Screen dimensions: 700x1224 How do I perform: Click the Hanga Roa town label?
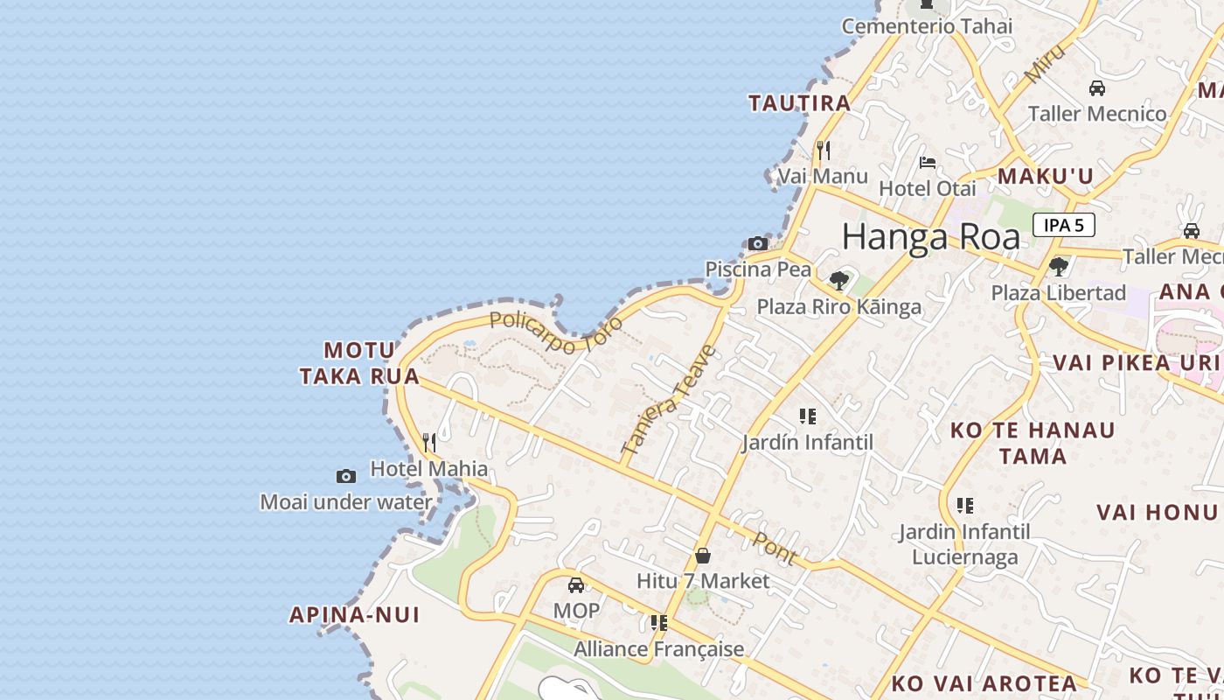[931, 237]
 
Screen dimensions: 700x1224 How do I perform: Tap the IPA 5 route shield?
[1063, 225]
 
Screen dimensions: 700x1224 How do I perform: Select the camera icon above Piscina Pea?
[758, 244]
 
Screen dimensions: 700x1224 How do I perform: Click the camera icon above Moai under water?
[346, 477]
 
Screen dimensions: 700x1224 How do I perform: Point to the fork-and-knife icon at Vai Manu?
[823, 150]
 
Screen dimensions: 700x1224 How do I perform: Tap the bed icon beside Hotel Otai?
[928, 163]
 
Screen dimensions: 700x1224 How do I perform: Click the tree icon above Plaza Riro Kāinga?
[839, 281]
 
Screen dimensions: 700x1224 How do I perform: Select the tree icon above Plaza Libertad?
[1059, 266]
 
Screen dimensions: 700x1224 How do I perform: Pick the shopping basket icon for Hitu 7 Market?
[703, 556]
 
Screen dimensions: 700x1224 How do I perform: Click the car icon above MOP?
[576, 585]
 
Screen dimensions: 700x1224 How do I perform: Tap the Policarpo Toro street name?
[557, 332]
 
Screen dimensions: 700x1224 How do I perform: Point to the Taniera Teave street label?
[669, 400]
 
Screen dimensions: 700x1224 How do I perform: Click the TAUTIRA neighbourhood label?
[799, 103]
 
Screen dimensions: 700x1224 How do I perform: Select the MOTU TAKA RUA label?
[358, 363]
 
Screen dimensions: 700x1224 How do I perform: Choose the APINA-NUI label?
[355, 615]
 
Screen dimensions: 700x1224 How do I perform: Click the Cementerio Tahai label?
[927, 26]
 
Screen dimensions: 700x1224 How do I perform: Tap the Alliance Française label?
[658, 649]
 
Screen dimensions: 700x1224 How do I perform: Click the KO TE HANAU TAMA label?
[1033, 443]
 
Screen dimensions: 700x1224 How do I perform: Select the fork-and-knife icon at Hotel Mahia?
[429, 443]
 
